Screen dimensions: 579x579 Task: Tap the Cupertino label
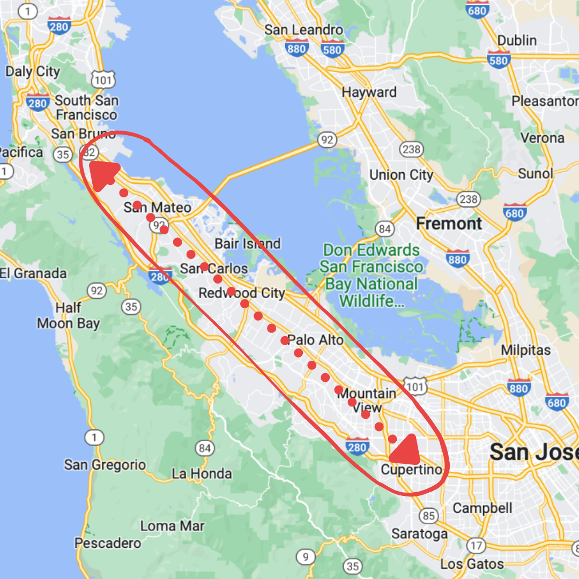pyautogui.click(x=412, y=470)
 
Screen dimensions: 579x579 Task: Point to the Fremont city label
pyautogui.click(x=449, y=224)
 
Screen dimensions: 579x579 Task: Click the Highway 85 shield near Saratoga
pyautogui.click(x=428, y=516)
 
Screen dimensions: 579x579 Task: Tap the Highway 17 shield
pyautogui.click(x=476, y=546)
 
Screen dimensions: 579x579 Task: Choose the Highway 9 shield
pyautogui.click(x=305, y=558)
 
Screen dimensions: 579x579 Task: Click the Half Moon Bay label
pyautogui.click(x=68, y=316)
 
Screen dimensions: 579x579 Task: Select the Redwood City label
pyautogui.click(x=241, y=293)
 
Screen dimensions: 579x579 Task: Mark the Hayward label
pyautogui.click(x=369, y=92)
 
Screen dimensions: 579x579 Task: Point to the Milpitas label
pyautogui.click(x=525, y=350)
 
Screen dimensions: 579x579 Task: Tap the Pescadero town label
pyautogui.click(x=108, y=543)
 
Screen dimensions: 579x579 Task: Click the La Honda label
pyautogui.click(x=202, y=473)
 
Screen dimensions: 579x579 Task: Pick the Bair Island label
pyautogui.click(x=247, y=244)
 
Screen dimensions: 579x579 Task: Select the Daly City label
pyautogui.click(x=33, y=71)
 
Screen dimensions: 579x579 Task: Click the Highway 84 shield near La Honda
pyautogui.click(x=204, y=448)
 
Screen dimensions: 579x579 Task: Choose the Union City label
pyautogui.click(x=401, y=175)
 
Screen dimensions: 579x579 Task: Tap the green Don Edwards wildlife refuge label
pyautogui.click(x=371, y=276)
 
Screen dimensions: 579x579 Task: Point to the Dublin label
pyautogui.click(x=517, y=40)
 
